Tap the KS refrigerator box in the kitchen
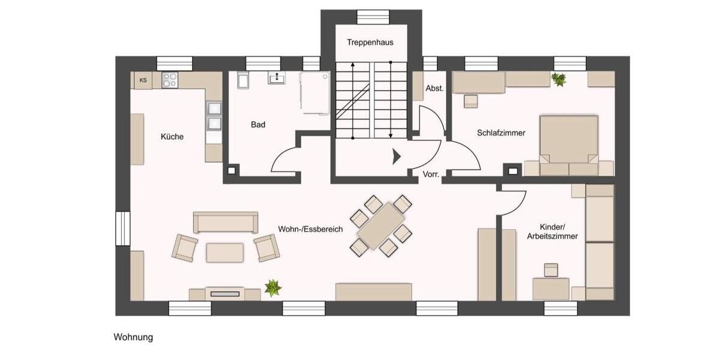click(x=143, y=80)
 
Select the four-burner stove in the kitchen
click(x=170, y=80)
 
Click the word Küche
click(x=172, y=136)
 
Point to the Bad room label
click(x=258, y=125)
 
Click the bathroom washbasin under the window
click(x=277, y=78)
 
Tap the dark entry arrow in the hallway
click(x=396, y=157)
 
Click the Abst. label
click(x=434, y=88)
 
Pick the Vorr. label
click(x=431, y=175)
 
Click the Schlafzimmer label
click(x=501, y=133)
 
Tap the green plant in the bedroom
click(x=559, y=79)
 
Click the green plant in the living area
click(x=273, y=287)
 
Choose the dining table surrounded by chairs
click(x=381, y=226)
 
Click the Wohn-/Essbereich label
click(x=310, y=229)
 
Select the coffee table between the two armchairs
click(x=225, y=252)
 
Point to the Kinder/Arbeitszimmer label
click(x=552, y=232)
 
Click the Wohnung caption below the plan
click(x=133, y=337)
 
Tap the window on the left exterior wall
click(x=123, y=229)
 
